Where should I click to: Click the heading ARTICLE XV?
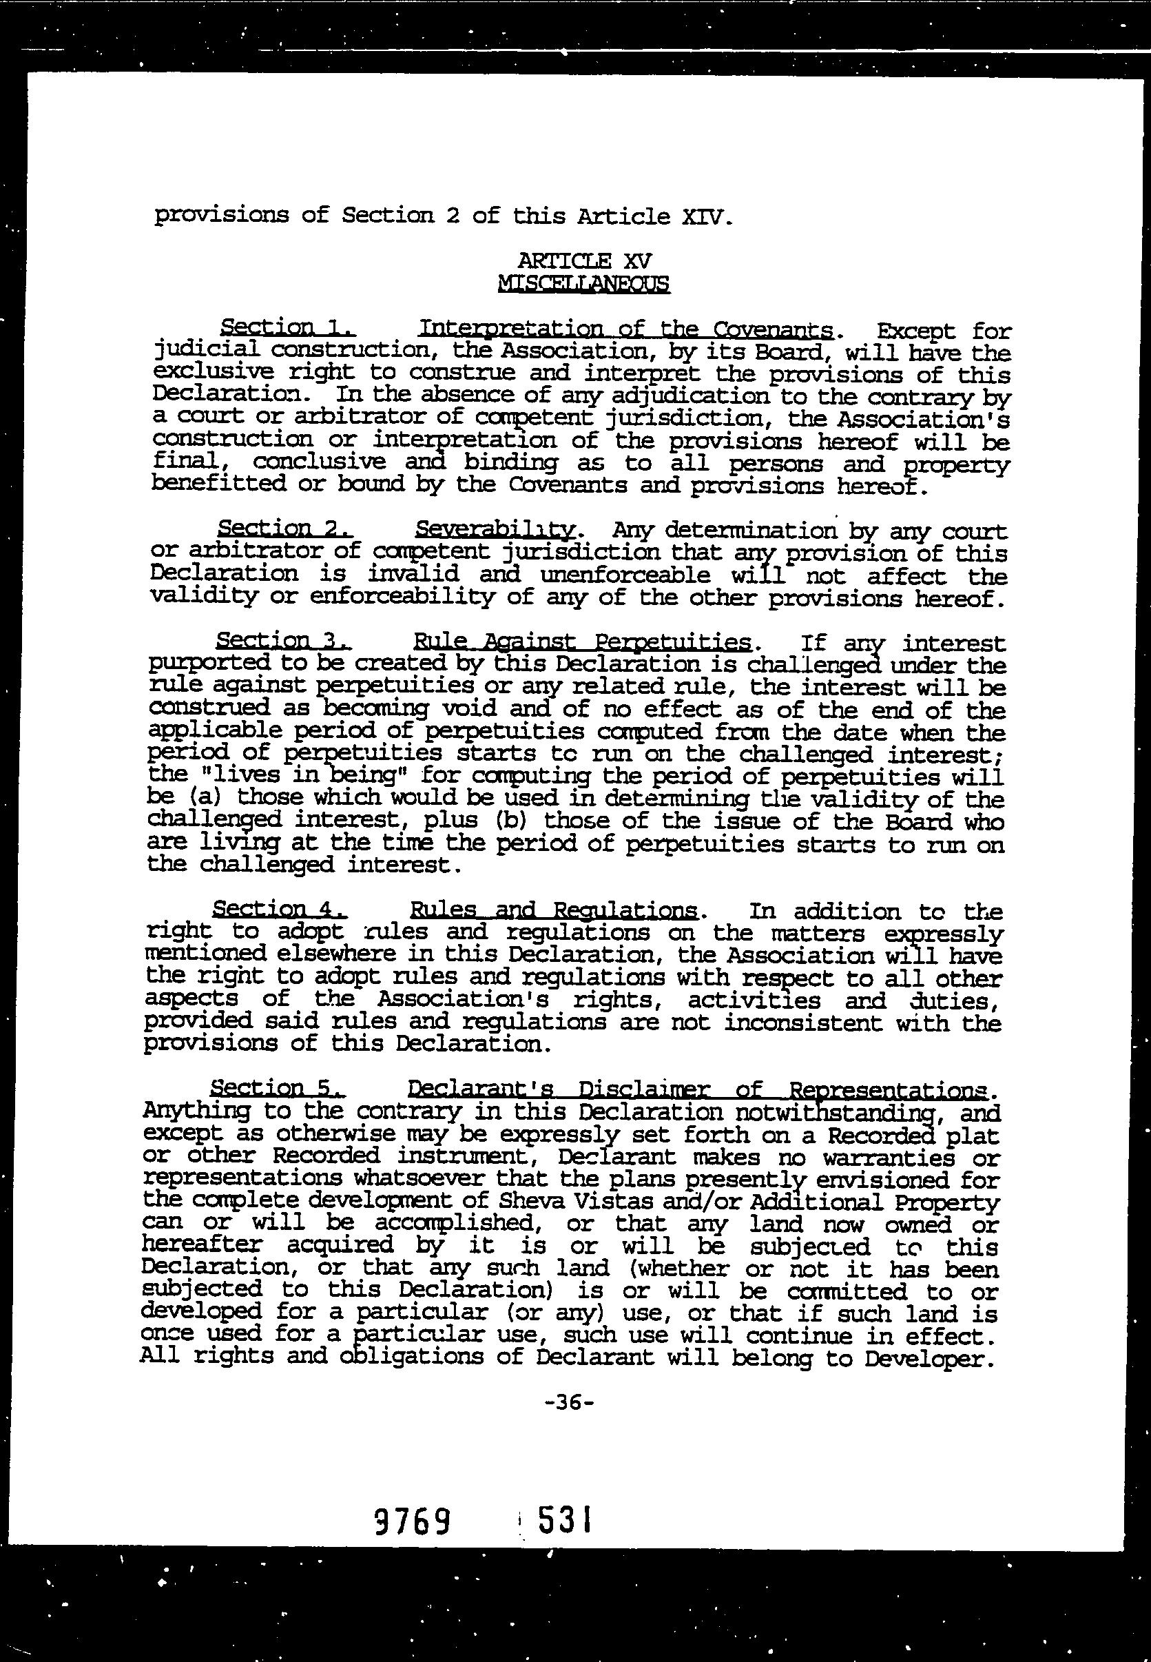tap(584, 260)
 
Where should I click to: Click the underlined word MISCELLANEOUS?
tap(583, 283)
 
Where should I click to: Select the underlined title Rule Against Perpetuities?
tap(582, 642)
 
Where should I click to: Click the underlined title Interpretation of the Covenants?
tap(627, 329)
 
